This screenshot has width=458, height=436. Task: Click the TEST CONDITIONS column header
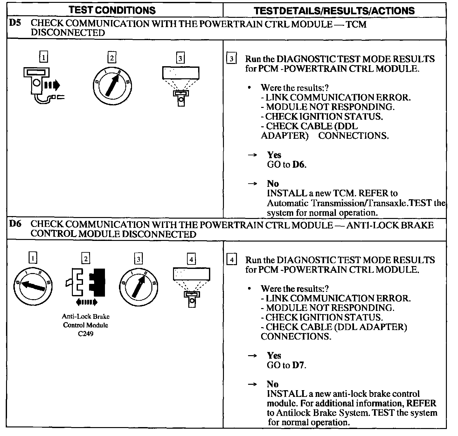(112, 10)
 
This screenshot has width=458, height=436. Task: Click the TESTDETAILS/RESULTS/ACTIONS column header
(334, 11)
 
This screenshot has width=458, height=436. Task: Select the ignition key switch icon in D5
(112, 86)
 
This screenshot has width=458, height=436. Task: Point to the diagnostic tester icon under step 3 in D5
(181, 85)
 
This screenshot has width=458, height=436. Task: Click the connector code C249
(86, 334)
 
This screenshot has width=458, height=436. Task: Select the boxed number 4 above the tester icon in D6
(191, 259)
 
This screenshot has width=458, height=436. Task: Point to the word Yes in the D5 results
(274, 155)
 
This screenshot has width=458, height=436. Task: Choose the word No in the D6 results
(273, 384)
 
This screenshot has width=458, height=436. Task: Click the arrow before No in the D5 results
(252, 184)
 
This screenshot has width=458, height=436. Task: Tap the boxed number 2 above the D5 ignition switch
(112, 58)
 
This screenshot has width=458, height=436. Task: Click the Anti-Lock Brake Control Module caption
(86, 321)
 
